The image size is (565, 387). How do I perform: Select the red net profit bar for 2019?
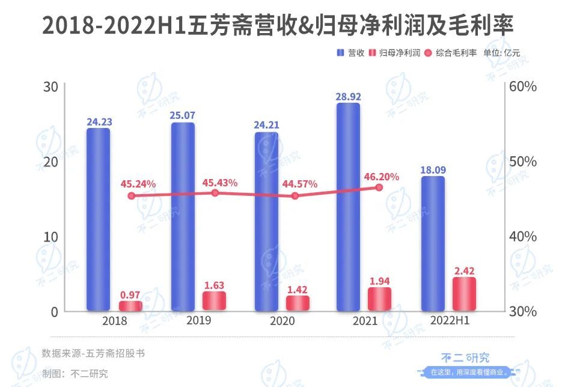(x=214, y=300)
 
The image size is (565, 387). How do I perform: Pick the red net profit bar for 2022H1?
(x=463, y=294)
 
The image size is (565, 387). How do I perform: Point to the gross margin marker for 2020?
(x=295, y=195)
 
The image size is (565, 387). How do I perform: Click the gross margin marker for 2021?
(x=379, y=187)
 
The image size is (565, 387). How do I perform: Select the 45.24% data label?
(x=138, y=183)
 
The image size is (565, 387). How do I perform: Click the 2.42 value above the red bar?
(x=463, y=270)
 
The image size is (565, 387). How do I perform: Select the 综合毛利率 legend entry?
(x=451, y=53)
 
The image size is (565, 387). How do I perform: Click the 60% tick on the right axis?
(x=522, y=87)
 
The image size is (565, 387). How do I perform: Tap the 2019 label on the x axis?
(x=198, y=321)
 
